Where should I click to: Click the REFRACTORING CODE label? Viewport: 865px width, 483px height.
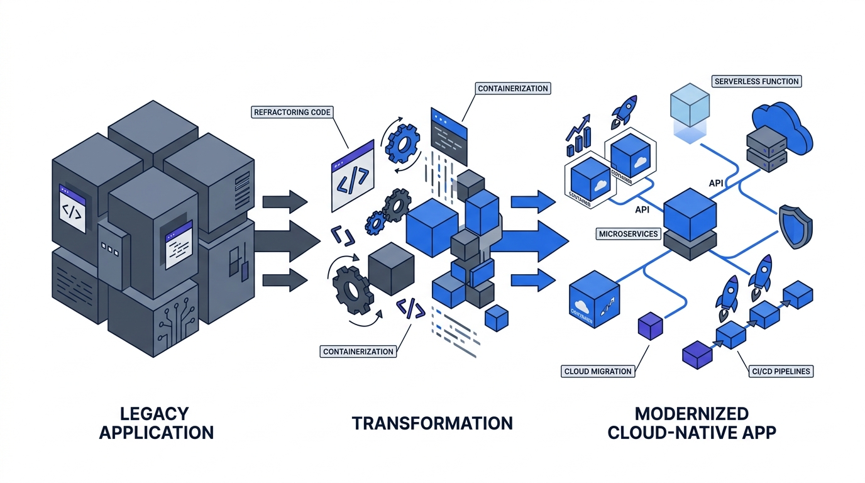292,113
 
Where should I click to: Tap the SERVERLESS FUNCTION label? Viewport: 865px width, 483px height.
756,81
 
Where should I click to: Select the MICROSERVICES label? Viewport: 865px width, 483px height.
628,234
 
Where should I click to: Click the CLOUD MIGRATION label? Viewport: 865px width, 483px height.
597,371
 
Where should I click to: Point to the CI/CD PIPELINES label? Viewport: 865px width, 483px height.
781,371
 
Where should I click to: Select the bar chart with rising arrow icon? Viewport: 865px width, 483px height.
578,135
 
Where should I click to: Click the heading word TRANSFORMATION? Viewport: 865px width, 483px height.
432,423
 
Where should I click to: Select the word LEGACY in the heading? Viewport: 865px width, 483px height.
153,413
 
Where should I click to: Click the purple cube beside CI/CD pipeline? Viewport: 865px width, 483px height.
697,355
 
